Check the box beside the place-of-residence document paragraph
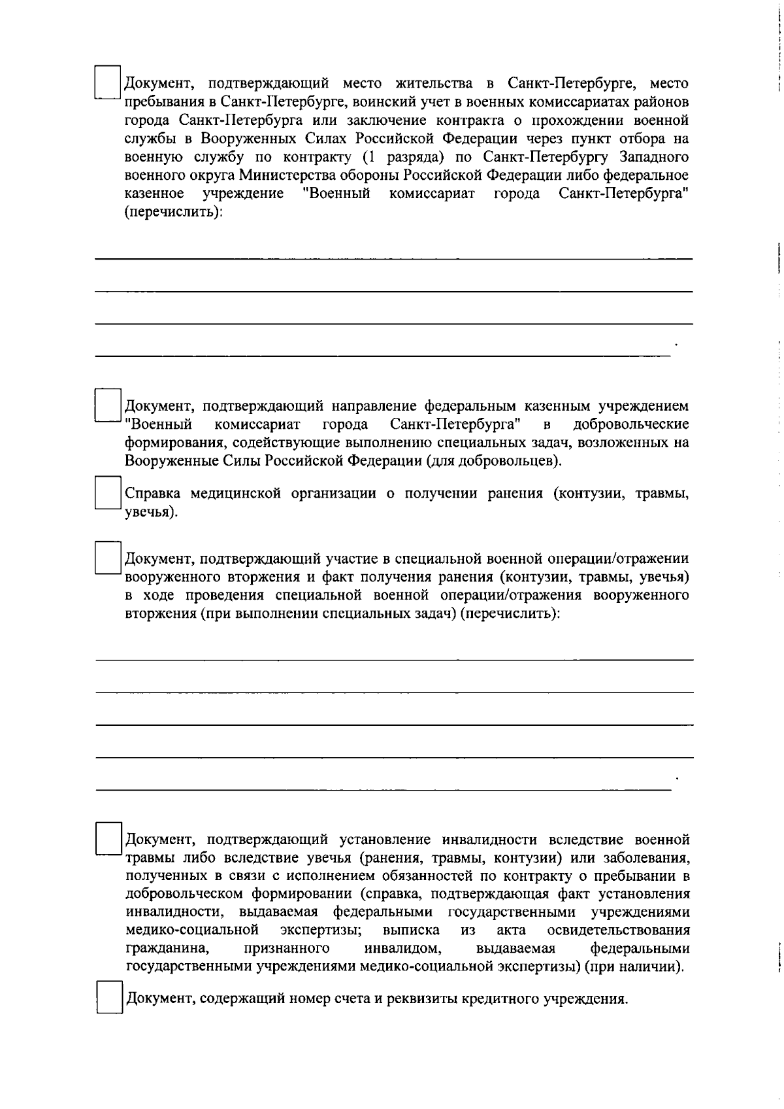(x=108, y=82)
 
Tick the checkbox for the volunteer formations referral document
(x=108, y=405)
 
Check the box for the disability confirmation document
(x=108, y=839)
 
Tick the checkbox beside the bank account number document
(x=110, y=998)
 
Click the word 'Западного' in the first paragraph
(x=654, y=157)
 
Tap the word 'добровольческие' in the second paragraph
(x=630, y=424)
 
